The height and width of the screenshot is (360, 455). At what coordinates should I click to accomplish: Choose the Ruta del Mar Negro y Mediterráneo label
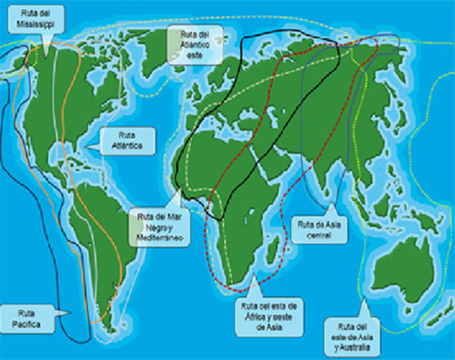coord(158,225)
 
